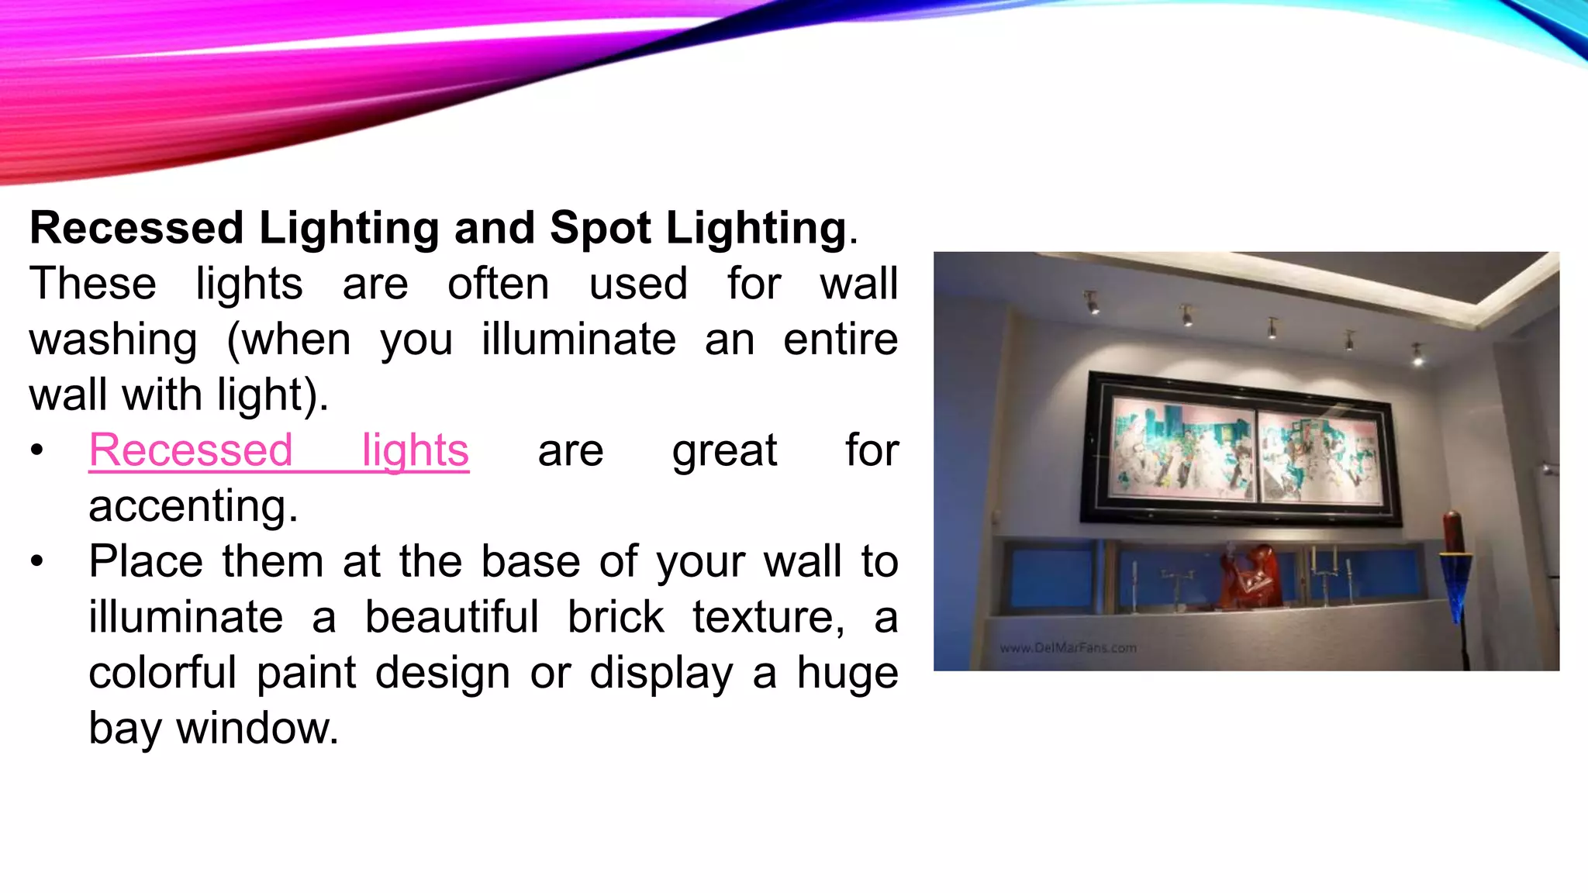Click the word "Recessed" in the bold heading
(x=136, y=228)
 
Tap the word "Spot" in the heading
(x=600, y=228)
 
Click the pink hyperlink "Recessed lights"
(x=278, y=450)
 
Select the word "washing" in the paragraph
(x=113, y=340)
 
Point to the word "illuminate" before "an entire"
(x=578, y=340)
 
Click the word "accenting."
(x=193, y=506)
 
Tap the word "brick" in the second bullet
(x=616, y=618)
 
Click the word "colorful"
(x=162, y=673)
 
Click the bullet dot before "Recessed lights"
(x=37, y=450)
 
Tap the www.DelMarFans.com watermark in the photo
(x=1068, y=648)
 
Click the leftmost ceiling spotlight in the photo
(x=1092, y=302)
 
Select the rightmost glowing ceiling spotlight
(x=1417, y=354)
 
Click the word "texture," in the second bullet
(x=768, y=618)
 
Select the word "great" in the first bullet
(x=724, y=450)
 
